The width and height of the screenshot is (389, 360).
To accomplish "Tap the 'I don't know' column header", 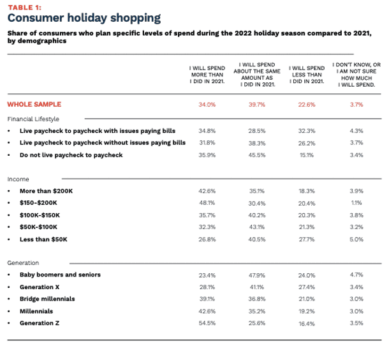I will pos(356,74).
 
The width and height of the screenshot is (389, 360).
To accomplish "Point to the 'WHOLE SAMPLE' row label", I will pos(35,103).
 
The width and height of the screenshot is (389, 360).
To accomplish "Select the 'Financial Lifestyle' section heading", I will pos(33,119).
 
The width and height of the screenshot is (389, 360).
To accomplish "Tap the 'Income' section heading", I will pos(18,179).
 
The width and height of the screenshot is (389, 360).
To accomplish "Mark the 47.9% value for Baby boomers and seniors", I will pos(256,275).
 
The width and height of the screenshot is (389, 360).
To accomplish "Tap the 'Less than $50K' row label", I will pos(43,239).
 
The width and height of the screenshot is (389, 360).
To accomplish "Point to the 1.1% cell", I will pos(356,202).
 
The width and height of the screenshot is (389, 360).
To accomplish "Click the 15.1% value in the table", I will pos(307,154).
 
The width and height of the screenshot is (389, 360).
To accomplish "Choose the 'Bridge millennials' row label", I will pos(47,299).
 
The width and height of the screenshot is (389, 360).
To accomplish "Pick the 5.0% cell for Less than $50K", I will pos(356,239).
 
